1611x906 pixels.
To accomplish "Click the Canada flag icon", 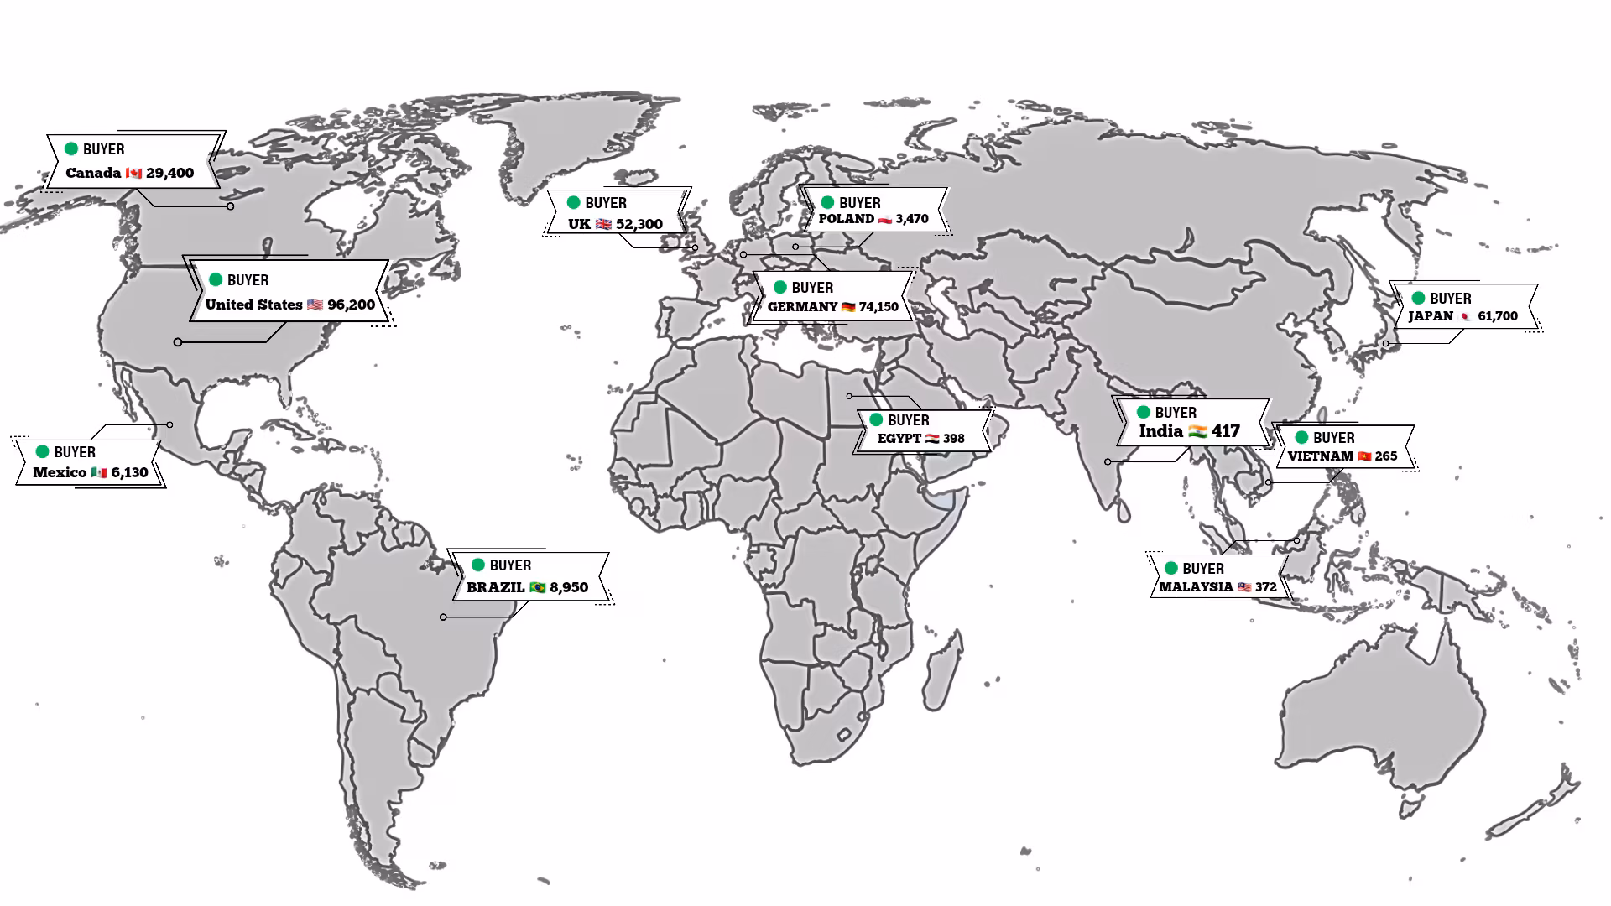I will (x=133, y=174).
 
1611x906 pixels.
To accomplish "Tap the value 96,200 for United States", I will (x=351, y=305).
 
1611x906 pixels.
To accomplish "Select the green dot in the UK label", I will (x=573, y=202).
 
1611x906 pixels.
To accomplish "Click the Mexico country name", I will (x=60, y=472).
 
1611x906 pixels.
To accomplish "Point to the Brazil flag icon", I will (x=537, y=587).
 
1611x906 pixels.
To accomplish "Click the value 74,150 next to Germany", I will (x=878, y=307).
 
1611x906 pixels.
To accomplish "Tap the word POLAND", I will (x=846, y=219).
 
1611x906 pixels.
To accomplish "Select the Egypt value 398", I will (x=953, y=439).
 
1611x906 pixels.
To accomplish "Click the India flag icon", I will (x=1197, y=432).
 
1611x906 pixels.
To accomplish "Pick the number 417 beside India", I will (x=1225, y=431).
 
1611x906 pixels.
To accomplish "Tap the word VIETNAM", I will (x=1320, y=456).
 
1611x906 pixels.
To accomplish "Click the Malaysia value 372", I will (x=1265, y=587).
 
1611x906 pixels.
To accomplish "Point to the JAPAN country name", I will (x=1430, y=316).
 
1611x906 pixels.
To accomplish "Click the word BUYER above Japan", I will (x=1450, y=299).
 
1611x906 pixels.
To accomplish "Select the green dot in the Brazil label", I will (x=478, y=565).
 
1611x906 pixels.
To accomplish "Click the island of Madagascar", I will (x=942, y=671).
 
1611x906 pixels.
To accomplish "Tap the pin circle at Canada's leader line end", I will (x=230, y=206).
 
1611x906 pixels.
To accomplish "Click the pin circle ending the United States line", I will (x=178, y=342).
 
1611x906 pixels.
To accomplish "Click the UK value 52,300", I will (x=639, y=225).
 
